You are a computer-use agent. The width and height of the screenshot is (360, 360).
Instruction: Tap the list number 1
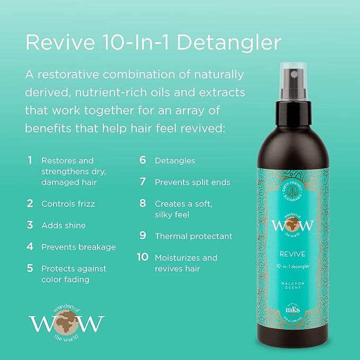(x=30, y=160)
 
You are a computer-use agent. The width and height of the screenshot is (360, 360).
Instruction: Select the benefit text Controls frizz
(x=67, y=204)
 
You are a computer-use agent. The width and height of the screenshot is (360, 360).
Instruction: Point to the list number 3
(x=30, y=225)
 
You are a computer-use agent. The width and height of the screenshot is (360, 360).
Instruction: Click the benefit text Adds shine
(x=63, y=226)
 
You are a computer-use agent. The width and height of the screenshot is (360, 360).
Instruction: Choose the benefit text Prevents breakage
(x=78, y=247)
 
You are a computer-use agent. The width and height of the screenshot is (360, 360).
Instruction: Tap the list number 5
(x=30, y=268)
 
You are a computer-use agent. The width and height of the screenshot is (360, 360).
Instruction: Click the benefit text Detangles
(x=175, y=160)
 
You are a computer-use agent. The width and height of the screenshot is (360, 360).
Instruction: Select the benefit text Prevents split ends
(x=192, y=182)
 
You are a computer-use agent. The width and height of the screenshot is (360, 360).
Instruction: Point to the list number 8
(x=143, y=204)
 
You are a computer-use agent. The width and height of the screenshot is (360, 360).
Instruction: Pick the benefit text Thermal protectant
(x=194, y=236)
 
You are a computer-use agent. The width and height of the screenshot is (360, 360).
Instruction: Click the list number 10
(x=142, y=258)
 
